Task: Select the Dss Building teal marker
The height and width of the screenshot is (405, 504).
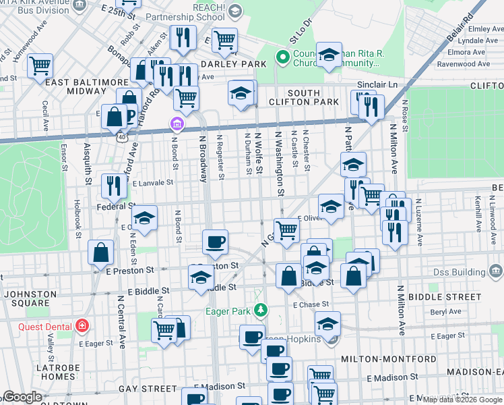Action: (x=497, y=271)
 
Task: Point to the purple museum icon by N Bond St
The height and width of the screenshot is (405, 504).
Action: (x=176, y=124)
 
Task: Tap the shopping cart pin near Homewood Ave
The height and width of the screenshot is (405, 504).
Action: (x=40, y=65)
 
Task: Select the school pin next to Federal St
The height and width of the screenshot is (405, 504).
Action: (x=144, y=217)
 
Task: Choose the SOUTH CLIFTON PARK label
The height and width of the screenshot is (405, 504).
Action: (x=313, y=97)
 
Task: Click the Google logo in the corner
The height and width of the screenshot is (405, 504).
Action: (x=23, y=397)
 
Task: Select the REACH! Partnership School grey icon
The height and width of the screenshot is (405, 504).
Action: (x=235, y=10)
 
